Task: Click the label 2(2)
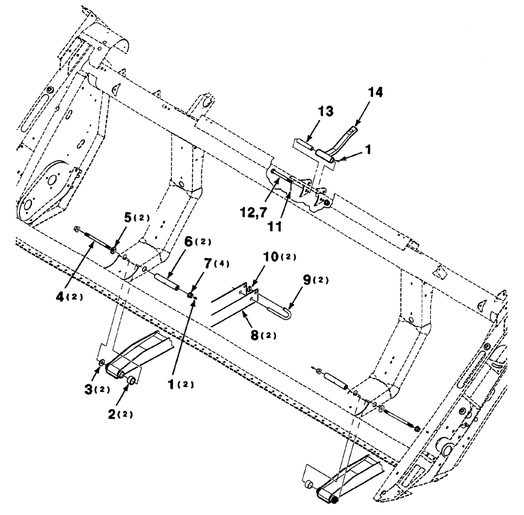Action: pyautogui.click(x=120, y=414)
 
